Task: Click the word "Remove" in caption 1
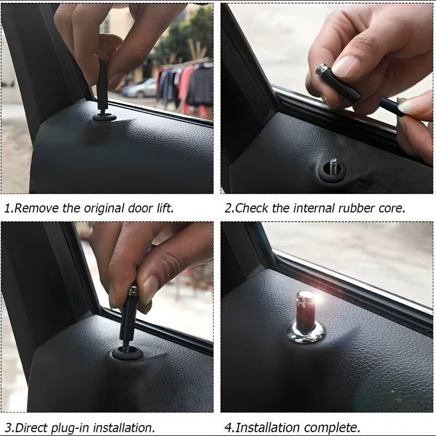coord(36,208)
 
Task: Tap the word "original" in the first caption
coord(104,208)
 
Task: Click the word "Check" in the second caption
coord(252,208)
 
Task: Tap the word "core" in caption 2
coord(391,209)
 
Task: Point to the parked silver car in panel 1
coord(140,88)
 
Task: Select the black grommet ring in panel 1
coord(104,117)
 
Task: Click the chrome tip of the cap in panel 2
coord(322,69)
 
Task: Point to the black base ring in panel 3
coord(128,352)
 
